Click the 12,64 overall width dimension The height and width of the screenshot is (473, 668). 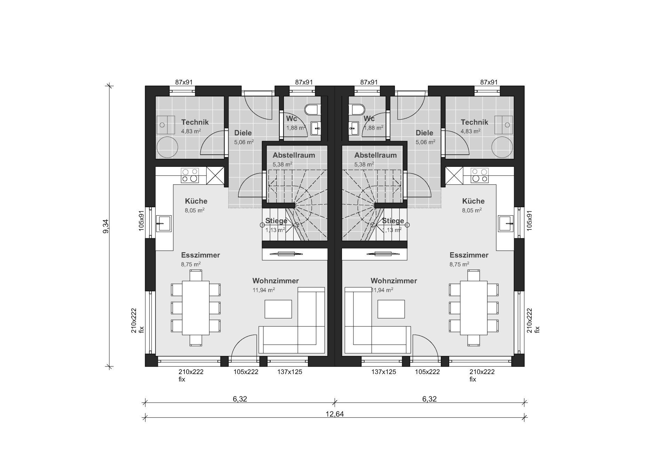point(335,414)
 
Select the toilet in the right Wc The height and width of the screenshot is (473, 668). point(357,110)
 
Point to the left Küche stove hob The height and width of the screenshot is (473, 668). point(190,176)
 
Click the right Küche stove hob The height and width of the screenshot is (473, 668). point(480,176)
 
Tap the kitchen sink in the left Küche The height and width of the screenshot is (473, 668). point(164,223)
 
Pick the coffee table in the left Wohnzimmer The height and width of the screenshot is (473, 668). point(278,309)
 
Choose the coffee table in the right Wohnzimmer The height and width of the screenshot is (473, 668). point(391,309)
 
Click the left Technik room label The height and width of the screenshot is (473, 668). point(195,122)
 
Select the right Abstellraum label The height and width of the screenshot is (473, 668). point(375,155)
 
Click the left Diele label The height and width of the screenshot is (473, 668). point(243,133)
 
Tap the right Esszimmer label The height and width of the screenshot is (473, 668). point(469,255)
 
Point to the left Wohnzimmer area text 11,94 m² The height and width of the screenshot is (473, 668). point(264,290)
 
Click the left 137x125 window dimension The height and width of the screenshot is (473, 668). point(289,372)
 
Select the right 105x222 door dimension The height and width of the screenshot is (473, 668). point(427,372)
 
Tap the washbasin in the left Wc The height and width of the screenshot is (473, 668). point(316,128)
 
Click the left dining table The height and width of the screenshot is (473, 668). point(196,308)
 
